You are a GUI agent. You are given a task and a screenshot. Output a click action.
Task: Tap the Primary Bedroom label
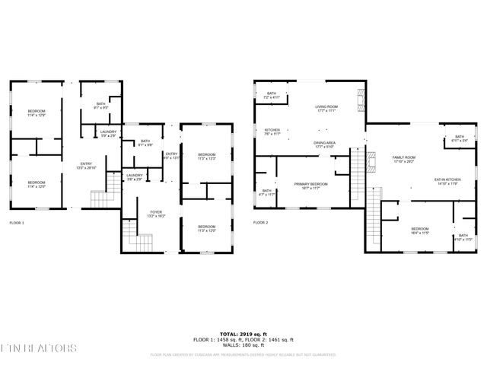(x=310, y=186)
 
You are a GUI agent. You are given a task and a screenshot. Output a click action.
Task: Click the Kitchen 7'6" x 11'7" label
(x=272, y=132)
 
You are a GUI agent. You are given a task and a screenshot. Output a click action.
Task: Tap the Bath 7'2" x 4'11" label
(x=272, y=96)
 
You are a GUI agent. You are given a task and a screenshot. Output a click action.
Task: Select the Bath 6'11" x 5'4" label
(x=459, y=138)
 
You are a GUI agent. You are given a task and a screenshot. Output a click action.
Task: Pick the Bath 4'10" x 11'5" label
(x=463, y=237)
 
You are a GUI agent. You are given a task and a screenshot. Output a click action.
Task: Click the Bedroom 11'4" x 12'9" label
(x=37, y=113)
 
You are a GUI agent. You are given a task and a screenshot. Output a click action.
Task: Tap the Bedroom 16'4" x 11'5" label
(x=421, y=230)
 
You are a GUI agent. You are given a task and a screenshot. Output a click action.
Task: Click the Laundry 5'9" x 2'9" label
(x=108, y=134)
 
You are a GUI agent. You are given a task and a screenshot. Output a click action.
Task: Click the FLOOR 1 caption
(x=17, y=223)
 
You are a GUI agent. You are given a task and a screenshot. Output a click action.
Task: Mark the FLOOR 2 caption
(x=260, y=223)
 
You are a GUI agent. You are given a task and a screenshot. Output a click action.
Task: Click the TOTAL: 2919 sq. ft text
(x=243, y=334)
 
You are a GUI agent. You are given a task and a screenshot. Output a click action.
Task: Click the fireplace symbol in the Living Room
(x=360, y=97)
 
